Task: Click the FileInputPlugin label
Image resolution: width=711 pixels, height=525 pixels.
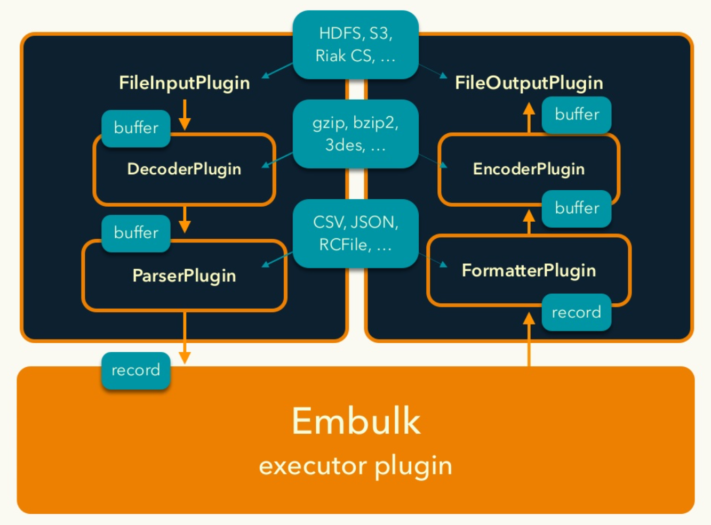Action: (184, 83)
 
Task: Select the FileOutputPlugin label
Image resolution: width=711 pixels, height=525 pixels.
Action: (529, 83)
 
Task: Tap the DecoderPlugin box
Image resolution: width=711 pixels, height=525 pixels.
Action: (184, 169)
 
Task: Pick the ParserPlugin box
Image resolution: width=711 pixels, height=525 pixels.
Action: (184, 276)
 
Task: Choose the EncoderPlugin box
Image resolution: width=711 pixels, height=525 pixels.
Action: (529, 169)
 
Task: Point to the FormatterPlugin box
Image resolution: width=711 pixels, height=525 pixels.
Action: (529, 271)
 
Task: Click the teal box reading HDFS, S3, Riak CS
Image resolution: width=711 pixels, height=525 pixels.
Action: (355, 45)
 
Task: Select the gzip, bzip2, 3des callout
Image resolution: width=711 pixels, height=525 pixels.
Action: (355, 134)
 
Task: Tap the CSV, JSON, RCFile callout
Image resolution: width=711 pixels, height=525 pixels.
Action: (355, 233)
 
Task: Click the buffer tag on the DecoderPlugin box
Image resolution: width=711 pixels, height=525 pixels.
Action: (136, 128)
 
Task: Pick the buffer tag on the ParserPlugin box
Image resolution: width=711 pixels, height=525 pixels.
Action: (136, 233)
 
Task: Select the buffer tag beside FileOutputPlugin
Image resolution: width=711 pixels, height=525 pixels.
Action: (577, 115)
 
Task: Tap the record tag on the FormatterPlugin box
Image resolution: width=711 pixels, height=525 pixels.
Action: (576, 312)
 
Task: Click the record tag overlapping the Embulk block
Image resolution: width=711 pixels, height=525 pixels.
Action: (135, 370)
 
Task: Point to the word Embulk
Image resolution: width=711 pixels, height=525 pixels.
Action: (356, 421)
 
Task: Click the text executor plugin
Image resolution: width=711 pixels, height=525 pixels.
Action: (356, 466)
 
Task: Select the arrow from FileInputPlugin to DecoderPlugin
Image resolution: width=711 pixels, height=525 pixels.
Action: (185, 115)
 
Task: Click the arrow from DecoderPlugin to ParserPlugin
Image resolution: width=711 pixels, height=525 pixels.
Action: (185, 219)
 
